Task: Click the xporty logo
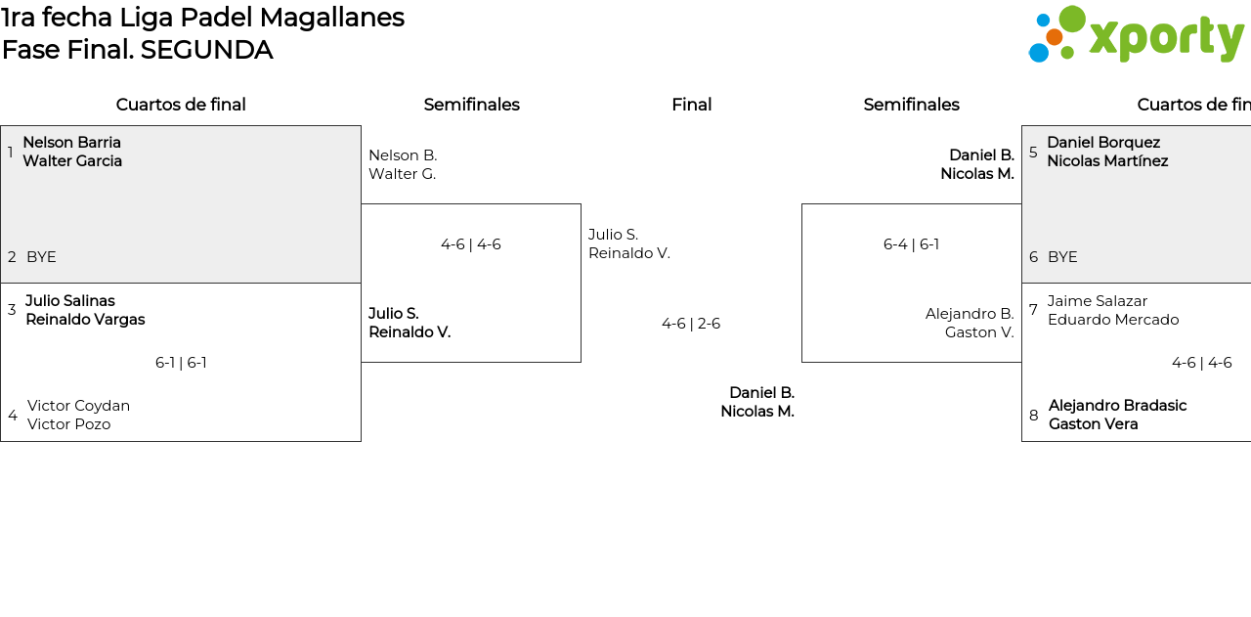coord(1136,35)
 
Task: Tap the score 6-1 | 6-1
coord(181,363)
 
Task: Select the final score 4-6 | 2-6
coord(691,324)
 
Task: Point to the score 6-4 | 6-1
coord(911,244)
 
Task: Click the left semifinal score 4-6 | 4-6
coord(470,244)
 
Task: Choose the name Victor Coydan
coord(78,406)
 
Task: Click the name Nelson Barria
coord(71,143)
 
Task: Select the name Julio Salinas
coord(70,301)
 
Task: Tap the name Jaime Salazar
coord(1098,301)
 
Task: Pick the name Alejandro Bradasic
coord(1117,406)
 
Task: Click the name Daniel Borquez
coord(1103,143)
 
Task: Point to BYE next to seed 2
coord(41,257)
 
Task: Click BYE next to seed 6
coord(1062,257)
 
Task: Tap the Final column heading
coord(691,105)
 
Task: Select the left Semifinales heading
coord(471,105)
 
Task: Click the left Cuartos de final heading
coord(181,105)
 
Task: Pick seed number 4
coord(13,416)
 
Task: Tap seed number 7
coord(1033,310)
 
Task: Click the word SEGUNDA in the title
coord(206,50)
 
